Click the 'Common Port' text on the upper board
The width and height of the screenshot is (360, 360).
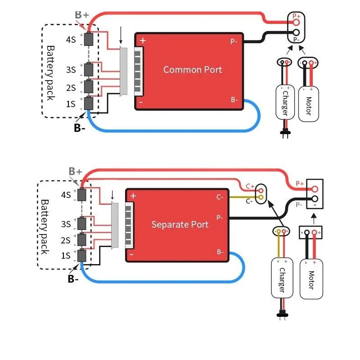pos(193,70)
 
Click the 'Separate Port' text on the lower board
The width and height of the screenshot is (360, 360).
pos(180,224)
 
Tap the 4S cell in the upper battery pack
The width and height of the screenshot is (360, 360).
pos(88,39)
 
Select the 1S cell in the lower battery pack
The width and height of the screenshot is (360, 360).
pos(82,256)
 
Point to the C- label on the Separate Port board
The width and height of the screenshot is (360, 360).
pos(220,197)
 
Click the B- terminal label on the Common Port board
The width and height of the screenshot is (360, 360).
pos(234,99)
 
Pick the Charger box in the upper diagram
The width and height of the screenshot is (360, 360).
pos(285,102)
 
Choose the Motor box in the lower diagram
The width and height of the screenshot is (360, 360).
pos(311,279)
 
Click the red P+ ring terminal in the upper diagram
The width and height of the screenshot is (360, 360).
pos(296,22)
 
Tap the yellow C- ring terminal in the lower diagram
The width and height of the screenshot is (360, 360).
pos(261,197)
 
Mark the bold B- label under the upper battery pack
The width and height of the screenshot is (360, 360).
pos(80,128)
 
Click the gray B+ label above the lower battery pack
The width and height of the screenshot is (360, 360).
pos(75,171)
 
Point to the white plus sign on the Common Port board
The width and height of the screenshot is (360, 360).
pos(143,40)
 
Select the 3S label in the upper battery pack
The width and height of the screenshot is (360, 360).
pos(71,70)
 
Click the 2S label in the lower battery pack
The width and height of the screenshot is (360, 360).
pos(66,240)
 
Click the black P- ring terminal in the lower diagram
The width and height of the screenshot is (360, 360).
pos(315,198)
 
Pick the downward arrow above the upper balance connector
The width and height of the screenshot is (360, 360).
pos(121,35)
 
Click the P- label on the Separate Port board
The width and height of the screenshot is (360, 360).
pos(220,217)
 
